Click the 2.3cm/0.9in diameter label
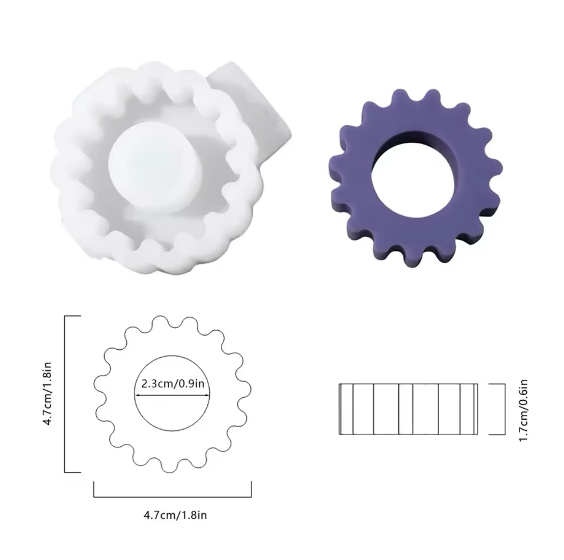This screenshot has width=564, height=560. pyautogui.click(x=173, y=383)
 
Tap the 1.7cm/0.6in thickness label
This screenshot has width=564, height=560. pyautogui.click(x=523, y=410)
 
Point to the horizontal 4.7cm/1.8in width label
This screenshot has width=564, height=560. pyautogui.click(x=175, y=515)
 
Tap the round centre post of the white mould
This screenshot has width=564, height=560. pyautogui.click(x=155, y=168)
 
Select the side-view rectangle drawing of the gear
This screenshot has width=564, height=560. pyautogui.click(x=409, y=409)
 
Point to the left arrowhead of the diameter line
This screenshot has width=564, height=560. pyautogui.click(x=137, y=395)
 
